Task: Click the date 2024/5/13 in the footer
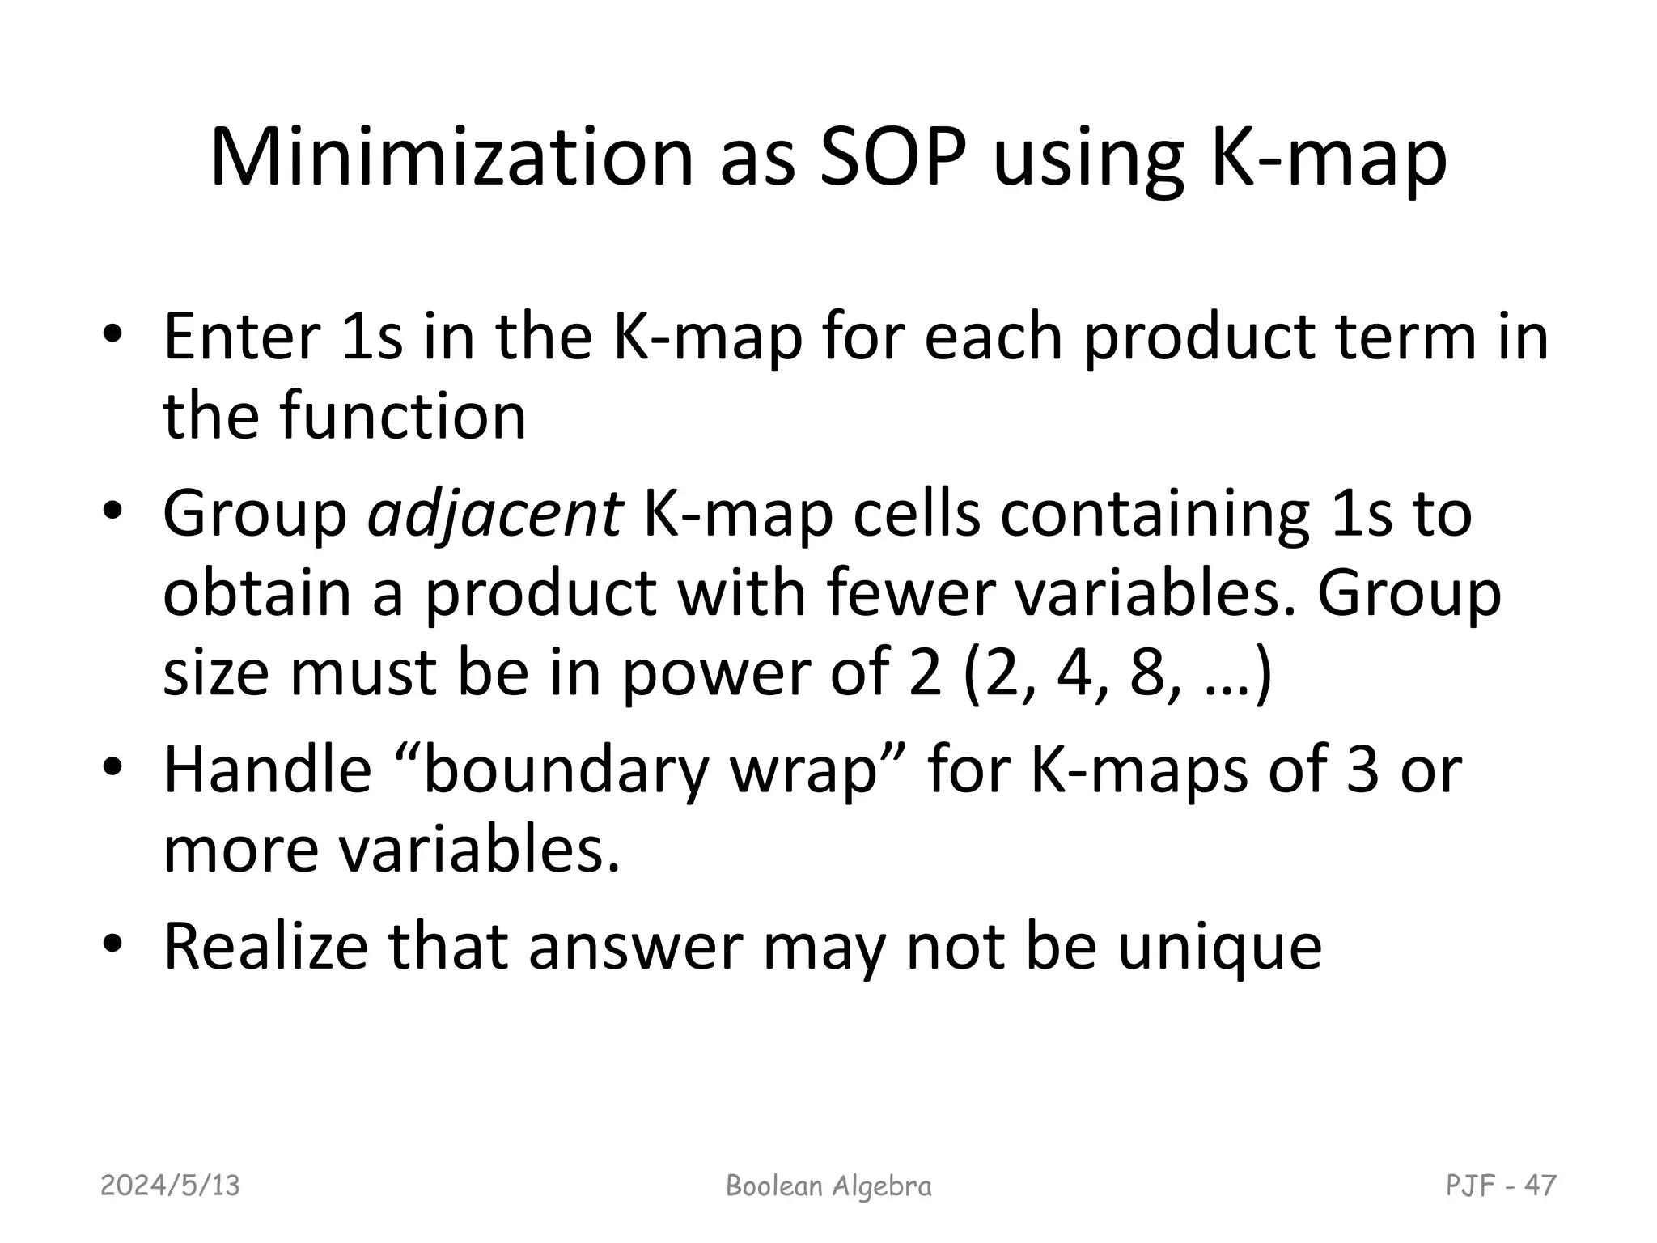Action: pos(170,1186)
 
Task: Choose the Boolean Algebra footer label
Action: pos(828,1186)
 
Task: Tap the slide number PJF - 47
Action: pos(1501,1186)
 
